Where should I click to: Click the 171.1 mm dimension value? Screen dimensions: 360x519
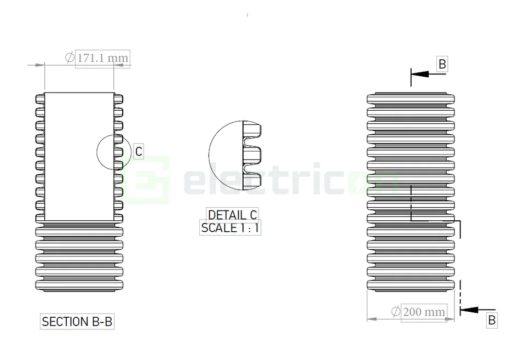tap(102, 58)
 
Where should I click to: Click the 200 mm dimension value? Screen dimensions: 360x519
tap(424, 312)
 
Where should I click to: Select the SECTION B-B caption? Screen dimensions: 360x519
tap(77, 322)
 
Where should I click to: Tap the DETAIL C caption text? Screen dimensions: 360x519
tap(232, 215)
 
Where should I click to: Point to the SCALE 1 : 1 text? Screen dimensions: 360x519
tap(230, 228)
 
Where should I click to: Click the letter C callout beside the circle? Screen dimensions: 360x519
tap(139, 152)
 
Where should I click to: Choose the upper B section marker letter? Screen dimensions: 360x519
tap(442, 64)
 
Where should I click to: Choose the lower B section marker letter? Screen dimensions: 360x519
tap(491, 320)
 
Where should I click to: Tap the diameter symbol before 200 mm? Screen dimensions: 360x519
tap(396, 312)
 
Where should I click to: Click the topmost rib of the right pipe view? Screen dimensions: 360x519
tap(411, 99)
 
